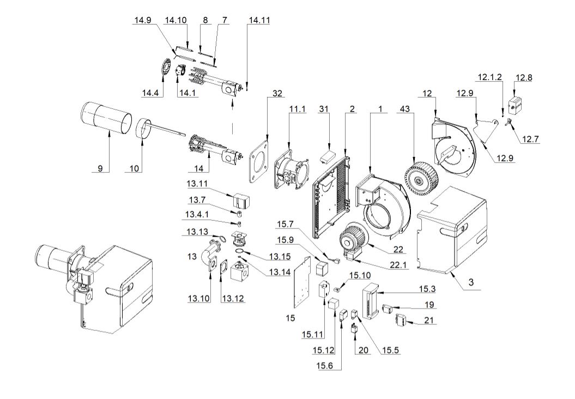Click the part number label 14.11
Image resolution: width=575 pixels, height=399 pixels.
click(x=258, y=20)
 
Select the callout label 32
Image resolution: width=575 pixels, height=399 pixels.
click(x=277, y=94)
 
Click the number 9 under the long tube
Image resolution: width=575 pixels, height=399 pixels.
click(x=100, y=168)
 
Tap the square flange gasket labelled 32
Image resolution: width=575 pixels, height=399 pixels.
click(x=259, y=161)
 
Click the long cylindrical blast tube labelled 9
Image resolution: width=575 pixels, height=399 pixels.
click(x=107, y=117)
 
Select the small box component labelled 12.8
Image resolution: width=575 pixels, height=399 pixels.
click(x=515, y=104)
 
